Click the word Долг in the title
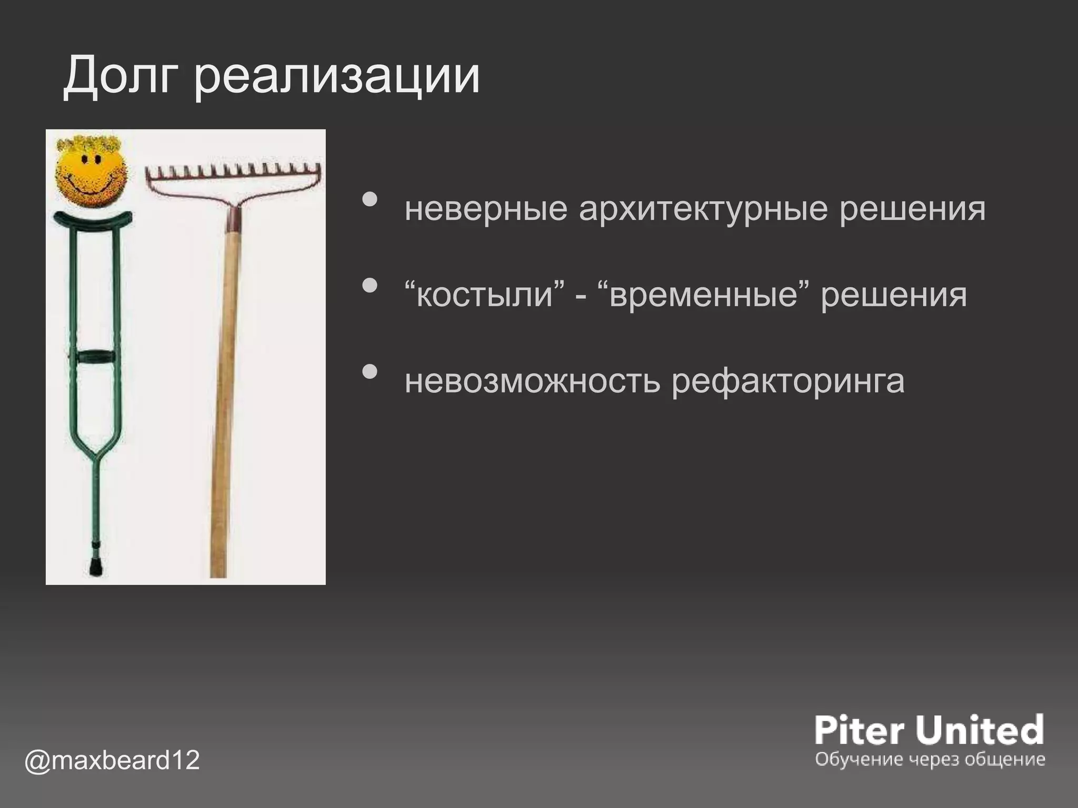click(x=123, y=78)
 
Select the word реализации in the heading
click(x=337, y=79)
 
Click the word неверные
click(x=486, y=209)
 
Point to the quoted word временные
click(x=705, y=294)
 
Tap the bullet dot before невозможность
click(x=371, y=371)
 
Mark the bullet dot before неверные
click(x=371, y=199)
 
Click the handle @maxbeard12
click(x=112, y=760)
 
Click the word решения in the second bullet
click(x=894, y=294)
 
